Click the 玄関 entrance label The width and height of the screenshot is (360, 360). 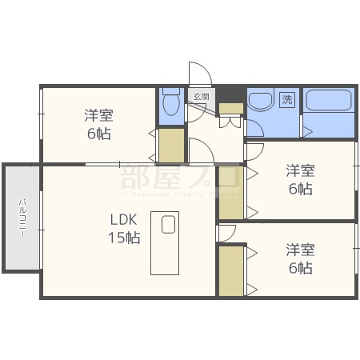click(x=200, y=97)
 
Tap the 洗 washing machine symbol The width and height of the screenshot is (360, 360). click(x=286, y=100)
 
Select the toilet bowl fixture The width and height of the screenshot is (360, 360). click(x=170, y=104)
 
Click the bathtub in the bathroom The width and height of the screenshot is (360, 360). click(x=328, y=102)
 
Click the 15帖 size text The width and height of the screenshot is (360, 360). click(x=124, y=238)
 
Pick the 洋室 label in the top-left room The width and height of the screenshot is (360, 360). click(x=99, y=115)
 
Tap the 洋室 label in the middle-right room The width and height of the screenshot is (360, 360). click(x=301, y=170)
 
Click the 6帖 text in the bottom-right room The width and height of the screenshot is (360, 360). click(x=301, y=269)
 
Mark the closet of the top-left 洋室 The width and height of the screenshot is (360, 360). click(x=170, y=145)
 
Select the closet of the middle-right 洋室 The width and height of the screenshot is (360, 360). click(x=230, y=192)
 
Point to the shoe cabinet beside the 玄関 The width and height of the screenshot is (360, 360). click(x=230, y=108)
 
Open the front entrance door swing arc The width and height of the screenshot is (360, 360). click(x=201, y=74)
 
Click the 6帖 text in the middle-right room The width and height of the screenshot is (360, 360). click(x=301, y=189)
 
